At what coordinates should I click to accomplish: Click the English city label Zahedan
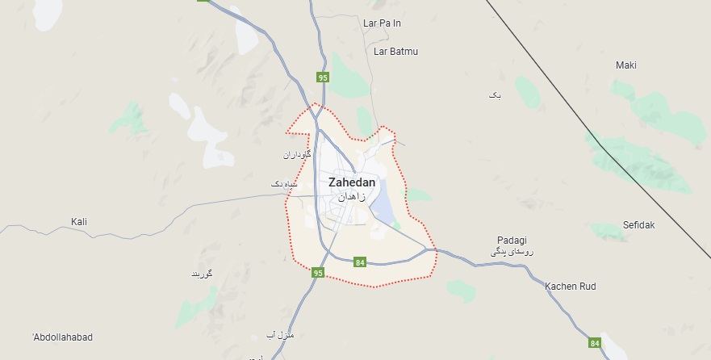pos(352,182)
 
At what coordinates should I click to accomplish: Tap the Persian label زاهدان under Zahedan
pos(352,196)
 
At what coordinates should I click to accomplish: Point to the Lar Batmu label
pos(396,51)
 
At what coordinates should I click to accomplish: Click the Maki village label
pos(626,65)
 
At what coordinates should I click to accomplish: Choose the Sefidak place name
pos(638,224)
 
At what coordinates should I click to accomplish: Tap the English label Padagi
pos(512,241)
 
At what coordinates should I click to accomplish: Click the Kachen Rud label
pos(570,287)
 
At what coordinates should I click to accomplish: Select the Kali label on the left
pos(79,221)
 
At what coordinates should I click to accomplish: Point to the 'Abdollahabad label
pos(63,336)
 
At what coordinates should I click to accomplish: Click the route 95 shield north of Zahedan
pos(323,77)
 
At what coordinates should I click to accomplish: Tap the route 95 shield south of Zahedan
pos(318,273)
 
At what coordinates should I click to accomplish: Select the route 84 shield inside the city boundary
pos(360,262)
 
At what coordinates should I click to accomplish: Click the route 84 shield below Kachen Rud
pos(596,342)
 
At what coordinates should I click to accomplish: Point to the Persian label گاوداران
pos(297,153)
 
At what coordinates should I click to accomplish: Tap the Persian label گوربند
pos(201,274)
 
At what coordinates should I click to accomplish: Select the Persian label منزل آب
pos(280,334)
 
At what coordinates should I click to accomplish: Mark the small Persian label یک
pos(495,95)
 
